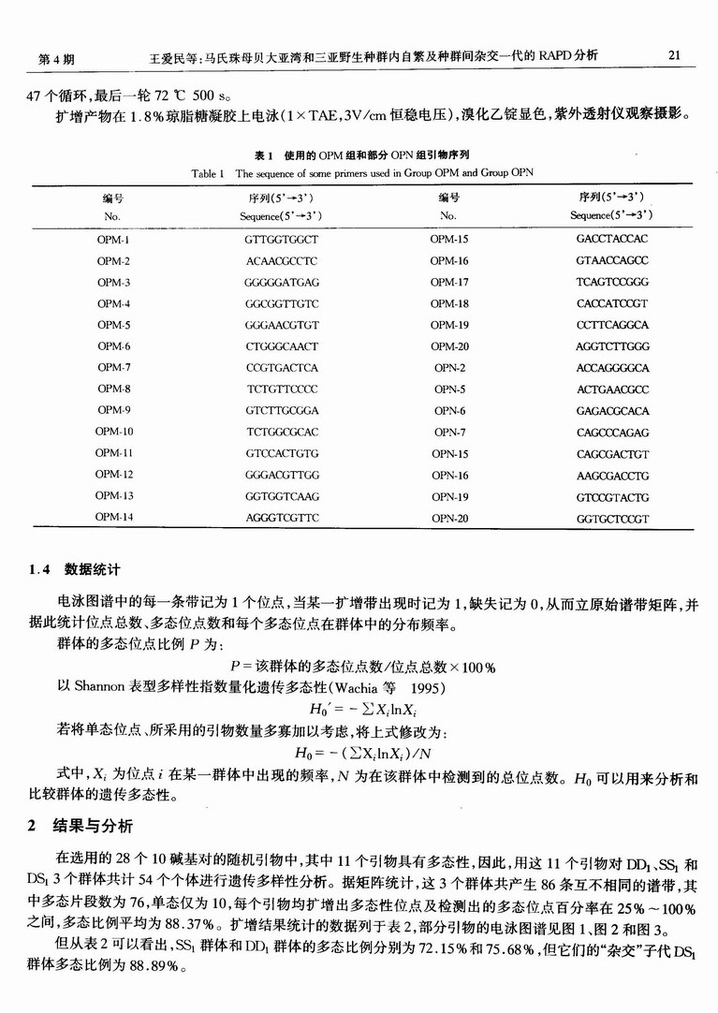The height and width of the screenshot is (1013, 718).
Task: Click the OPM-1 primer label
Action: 113,240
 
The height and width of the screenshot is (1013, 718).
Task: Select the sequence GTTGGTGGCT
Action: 282,240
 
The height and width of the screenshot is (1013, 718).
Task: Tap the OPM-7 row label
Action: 113,368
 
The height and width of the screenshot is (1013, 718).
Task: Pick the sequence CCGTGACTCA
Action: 282,368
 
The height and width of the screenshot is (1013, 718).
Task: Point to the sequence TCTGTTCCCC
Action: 282,389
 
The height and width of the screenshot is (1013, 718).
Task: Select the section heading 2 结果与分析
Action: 80,826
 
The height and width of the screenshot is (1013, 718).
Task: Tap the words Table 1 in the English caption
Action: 208,174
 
